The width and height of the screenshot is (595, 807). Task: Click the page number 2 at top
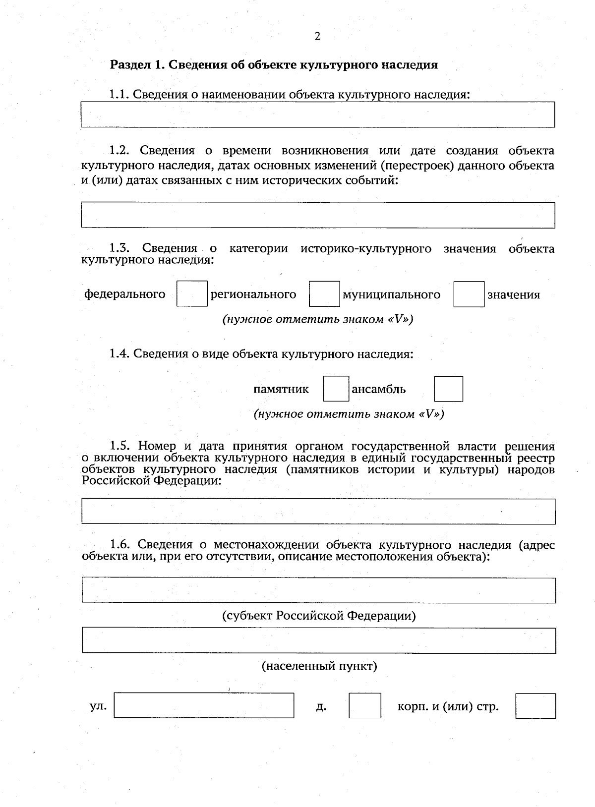point(317,36)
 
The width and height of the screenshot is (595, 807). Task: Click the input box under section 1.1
point(318,115)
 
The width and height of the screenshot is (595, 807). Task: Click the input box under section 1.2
point(318,215)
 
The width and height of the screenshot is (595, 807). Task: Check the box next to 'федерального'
point(192,294)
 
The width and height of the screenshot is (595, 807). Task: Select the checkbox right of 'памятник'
point(336,389)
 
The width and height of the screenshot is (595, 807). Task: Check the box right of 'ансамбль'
point(448,389)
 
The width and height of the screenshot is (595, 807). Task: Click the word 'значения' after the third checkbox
point(513,295)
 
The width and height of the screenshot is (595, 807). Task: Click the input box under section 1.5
point(318,511)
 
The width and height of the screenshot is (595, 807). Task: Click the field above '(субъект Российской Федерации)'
point(318,590)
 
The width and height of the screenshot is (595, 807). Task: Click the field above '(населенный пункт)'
point(318,640)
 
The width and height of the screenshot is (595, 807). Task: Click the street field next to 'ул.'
point(204,705)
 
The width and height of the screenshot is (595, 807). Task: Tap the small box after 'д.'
point(364,705)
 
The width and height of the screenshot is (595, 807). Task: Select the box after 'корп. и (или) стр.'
point(535,705)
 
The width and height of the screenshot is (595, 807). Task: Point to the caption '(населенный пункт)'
point(319,666)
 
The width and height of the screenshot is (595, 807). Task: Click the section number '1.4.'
point(119,354)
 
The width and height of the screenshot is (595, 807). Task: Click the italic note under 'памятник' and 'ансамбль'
point(349,414)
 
